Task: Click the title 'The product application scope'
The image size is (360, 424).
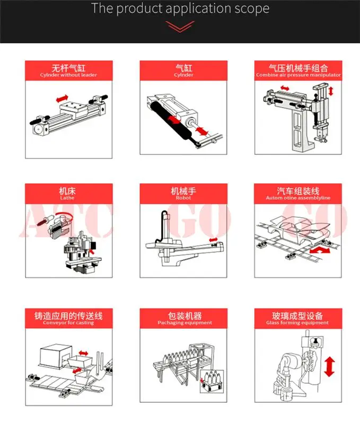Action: click(180, 9)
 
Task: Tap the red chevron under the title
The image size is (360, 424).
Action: click(180, 26)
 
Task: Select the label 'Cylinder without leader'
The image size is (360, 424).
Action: click(69, 75)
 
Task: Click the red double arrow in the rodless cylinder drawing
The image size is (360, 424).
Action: click(62, 99)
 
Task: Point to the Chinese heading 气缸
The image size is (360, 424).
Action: click(183, 68)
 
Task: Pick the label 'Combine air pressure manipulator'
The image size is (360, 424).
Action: click(298, 75)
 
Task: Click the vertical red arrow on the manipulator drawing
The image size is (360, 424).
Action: click(331, 91)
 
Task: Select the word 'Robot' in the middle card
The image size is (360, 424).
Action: click(183, 198)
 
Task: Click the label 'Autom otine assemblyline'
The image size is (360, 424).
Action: click(298, 198)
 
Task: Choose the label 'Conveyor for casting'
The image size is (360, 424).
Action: click(68, 323)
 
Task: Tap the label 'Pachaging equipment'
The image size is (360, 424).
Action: click(184, 323)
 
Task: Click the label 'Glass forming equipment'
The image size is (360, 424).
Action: click(297, 323)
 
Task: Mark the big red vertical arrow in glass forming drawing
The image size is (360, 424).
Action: click(330, 367)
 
